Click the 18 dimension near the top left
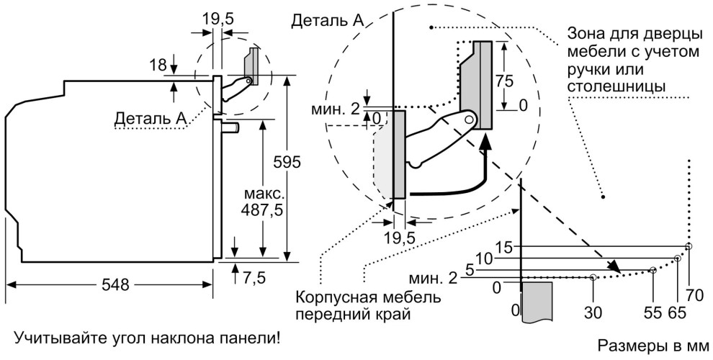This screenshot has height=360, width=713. pos(158,66)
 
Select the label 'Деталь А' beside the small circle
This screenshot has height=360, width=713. pos(150,117)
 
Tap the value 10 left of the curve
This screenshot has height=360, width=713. pos(483,258)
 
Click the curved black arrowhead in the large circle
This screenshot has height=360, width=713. pos(488,145)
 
